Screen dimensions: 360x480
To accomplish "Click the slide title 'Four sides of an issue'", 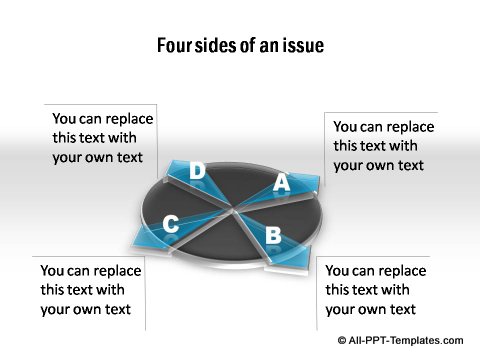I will coord(240,46).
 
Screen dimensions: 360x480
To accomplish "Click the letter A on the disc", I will coord(282,183).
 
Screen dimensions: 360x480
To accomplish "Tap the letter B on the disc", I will coord(272,236).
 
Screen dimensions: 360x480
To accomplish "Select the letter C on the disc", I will coord(171,225).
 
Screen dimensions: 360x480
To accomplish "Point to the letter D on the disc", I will coord(197,172).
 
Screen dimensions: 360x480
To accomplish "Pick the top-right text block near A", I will coord(383,146).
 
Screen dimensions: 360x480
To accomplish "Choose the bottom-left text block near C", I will coord(90,290).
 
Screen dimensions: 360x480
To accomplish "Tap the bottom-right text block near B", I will coord(375,290).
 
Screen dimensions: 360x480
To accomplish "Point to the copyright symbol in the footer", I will coord(343,341).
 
